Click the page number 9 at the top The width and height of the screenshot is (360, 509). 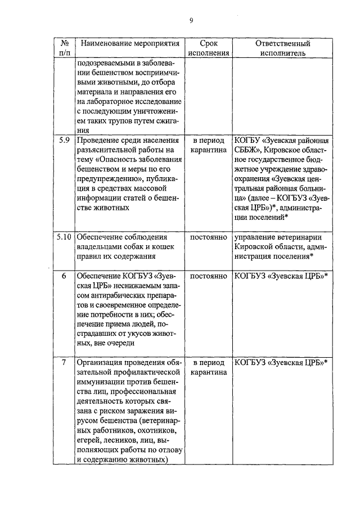click(x=191, y=21)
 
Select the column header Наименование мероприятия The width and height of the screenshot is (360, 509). click(x=125, y=44)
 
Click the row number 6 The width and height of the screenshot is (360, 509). click(x=64, y=276)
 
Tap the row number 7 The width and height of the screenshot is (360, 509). click(x=64, y=362)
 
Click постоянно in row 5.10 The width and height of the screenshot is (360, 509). click(x=208, y=237)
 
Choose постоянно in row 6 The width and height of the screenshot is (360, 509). click(x=208, y=276)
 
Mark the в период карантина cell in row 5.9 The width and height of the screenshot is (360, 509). click(x=208, y=146)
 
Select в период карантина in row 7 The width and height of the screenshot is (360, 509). click(x=208, y=367)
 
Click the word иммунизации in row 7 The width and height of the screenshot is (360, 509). click(x=101, y=382)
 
